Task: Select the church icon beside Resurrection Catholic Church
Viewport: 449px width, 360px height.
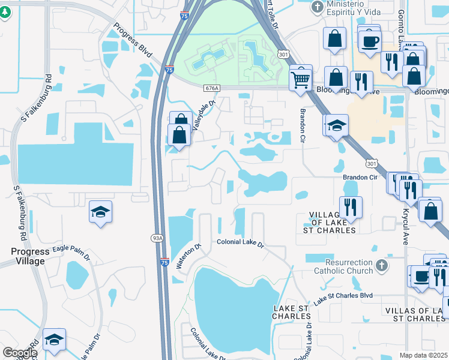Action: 381,264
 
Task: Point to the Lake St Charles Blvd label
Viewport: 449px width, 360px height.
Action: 343,296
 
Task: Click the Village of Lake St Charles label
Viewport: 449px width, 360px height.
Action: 333,222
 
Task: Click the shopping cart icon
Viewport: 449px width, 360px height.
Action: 300,78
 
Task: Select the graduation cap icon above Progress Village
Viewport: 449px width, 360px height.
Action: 100,211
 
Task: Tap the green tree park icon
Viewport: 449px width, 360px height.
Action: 5,12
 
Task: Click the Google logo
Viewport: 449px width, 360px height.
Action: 19,353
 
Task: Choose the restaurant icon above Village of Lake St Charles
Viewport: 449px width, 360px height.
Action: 351,207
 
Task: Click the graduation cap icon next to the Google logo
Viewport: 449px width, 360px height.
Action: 54,339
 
